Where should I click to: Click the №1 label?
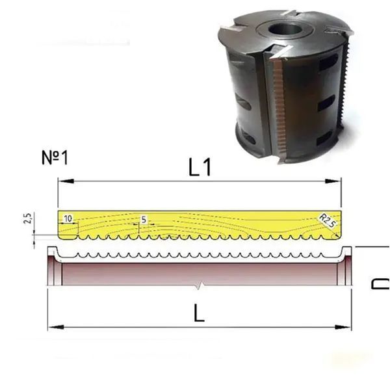pos(55,158)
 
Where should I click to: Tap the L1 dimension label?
pos(200,167)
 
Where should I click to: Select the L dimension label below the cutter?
pos(199,313)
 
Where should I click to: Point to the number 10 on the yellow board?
pos(68,218)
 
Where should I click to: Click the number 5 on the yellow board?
pos(144,220)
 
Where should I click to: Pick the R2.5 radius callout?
pos(328,220)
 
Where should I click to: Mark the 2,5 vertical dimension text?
pos(28,218)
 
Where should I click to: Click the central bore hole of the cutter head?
pos(285,29)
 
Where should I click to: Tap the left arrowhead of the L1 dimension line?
pos(66,181)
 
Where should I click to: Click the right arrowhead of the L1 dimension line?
pos(333,181)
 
